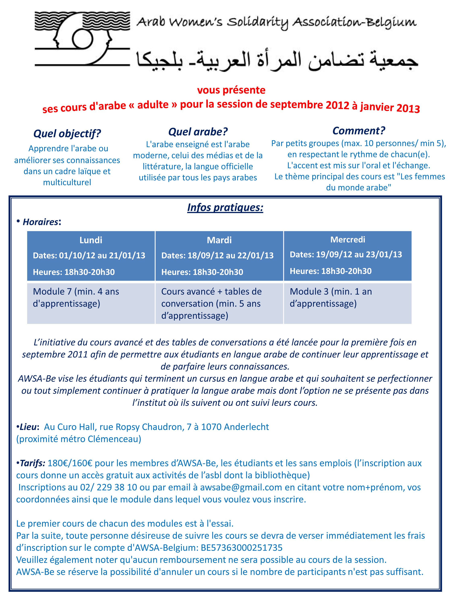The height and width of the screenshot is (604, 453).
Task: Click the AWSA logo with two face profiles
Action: tap(82, 38)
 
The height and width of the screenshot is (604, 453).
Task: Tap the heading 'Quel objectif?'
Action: tap(67, 133)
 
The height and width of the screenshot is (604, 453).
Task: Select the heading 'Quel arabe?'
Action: tap(198, 132)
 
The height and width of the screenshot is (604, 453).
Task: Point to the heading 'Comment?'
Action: tap(359, 130)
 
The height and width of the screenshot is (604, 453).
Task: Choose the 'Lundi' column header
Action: tap(91, 240)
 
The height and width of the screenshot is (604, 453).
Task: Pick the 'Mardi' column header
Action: tap(219, 240)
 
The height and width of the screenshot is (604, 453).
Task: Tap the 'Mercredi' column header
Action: tap(347, 239)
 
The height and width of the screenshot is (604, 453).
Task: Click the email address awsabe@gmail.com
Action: tap(241, 487)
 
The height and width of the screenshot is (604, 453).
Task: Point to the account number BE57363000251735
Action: tap(241, 547)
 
